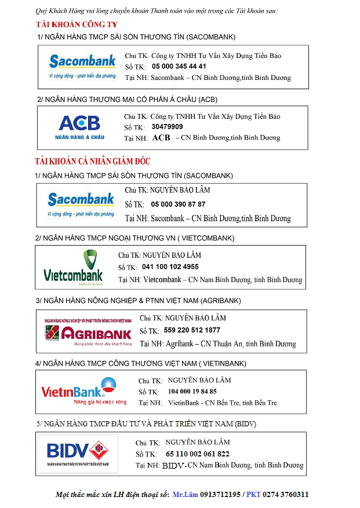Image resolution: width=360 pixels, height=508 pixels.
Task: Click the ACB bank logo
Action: [79, 127]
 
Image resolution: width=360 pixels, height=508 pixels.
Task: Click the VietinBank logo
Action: [78, 392]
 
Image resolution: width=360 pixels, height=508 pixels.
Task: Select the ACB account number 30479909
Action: [167, 127]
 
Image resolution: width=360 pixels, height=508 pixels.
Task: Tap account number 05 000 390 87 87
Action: [178, 204]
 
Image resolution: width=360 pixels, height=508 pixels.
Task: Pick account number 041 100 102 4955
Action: [170, 267]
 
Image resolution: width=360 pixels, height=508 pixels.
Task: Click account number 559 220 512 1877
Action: [192, 330]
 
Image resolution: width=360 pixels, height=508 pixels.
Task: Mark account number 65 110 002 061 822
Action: [197, 454]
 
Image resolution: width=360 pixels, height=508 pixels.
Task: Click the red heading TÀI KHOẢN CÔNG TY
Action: [77, 24]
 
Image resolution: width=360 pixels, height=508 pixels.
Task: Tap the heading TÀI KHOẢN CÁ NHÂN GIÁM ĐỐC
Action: [92, 161]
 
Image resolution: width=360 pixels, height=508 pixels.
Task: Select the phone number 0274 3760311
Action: [285, 495]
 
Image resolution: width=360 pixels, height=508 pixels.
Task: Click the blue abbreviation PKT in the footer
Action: [253, 495]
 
